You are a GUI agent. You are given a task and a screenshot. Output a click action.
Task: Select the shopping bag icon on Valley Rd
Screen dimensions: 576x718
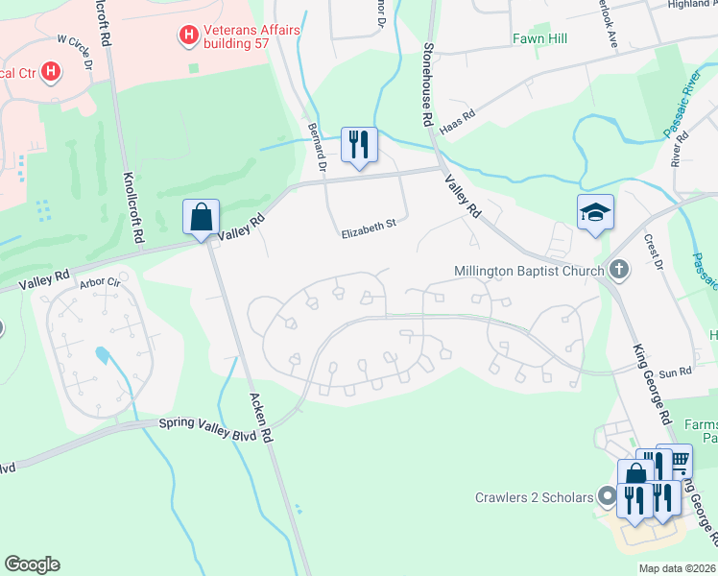(202, 217)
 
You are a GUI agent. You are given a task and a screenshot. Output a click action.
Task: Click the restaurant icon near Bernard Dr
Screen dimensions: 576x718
(359, 145)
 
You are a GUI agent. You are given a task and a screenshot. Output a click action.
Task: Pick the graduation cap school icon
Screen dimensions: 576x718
(594, 212)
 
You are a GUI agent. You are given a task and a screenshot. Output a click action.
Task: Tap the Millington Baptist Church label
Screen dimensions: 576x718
(527, 271)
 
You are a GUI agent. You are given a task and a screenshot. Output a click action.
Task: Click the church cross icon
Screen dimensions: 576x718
(619, 270)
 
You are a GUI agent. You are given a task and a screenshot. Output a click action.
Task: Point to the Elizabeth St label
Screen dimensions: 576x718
(369, 224)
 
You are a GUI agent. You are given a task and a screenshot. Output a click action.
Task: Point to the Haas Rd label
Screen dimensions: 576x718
(457, 120)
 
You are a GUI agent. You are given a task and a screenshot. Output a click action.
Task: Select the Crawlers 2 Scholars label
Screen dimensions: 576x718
(533, 497)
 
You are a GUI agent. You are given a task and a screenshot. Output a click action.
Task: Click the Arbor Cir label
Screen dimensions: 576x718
(100, 283)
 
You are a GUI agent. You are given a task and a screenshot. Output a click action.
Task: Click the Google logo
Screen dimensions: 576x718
(32, 564)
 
